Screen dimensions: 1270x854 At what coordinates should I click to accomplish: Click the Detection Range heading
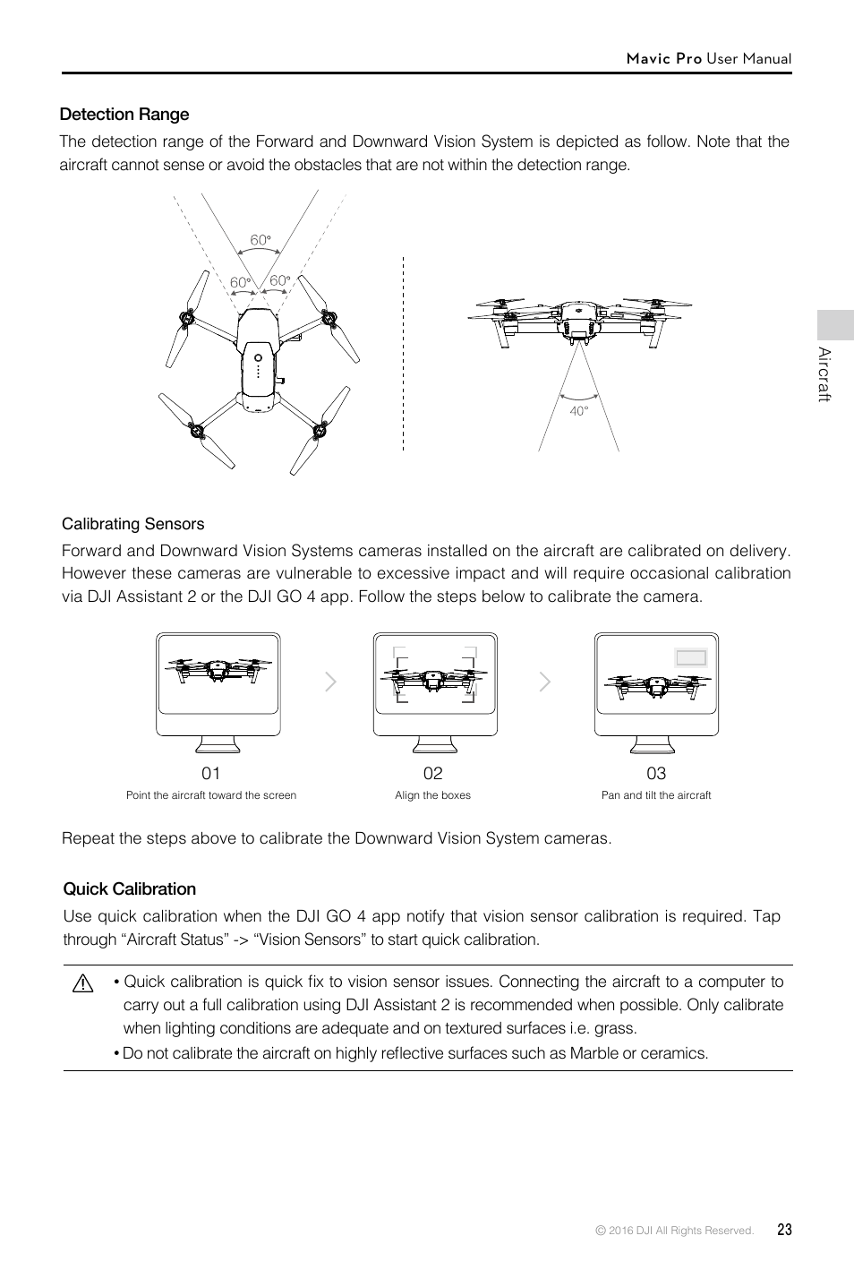click(124, 115)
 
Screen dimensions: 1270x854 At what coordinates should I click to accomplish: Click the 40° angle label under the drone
click(579, 411)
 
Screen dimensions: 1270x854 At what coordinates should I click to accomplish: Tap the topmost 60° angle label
click(260, 240)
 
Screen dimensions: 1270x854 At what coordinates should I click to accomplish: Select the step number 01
click(210, 773)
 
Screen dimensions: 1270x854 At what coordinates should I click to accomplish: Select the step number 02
click(432, 773)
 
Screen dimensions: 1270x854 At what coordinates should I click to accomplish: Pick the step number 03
click(656, 773)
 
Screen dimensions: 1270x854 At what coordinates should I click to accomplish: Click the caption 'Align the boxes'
click(432, 795)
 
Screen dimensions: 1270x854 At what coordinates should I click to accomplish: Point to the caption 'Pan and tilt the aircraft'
click(656, 795)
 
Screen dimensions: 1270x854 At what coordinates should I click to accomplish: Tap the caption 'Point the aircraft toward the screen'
click(211, 795)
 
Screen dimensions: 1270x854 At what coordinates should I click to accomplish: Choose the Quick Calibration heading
click(130, 889)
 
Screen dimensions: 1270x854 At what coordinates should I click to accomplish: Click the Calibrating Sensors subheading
click(133, 524)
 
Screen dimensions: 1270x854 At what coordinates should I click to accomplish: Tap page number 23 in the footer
click(784, 1230)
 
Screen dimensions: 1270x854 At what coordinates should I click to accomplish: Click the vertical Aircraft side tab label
click(825, 374)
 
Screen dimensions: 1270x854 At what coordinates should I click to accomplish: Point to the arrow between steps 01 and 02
click(330, 682)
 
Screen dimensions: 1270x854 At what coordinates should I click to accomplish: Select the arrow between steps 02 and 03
click(544, 682)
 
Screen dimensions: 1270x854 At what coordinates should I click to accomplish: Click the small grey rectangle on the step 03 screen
click(691, 657)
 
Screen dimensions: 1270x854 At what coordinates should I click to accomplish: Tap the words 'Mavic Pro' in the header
click(664, 58)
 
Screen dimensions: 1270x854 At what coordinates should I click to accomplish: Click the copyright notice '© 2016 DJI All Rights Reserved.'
click(675, 1231)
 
